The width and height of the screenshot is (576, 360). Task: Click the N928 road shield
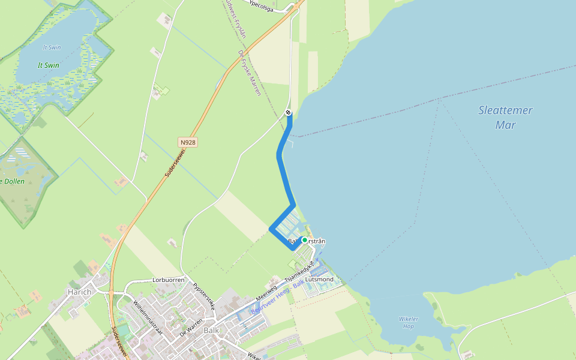pyautogui.click(x=188, y=143)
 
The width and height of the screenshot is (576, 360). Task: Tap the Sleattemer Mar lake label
pyautogui.click(x=505, y=118)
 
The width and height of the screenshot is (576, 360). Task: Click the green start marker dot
pyautogui.click(x=304, y=240)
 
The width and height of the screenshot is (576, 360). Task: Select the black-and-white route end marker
pyautogui.click(x=289, y=113)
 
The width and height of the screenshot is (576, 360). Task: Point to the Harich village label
pyautogui.click(x=79, y=292)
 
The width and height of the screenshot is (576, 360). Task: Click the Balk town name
pyautogui.click(x=211, y=331)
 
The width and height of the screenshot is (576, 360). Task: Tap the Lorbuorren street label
pyautogui.click(x=169, y=280)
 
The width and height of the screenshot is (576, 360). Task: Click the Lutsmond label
pyautogui.click(x=319, y=280)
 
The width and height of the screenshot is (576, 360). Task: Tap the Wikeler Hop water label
pyautogui.click(x=408, y=322)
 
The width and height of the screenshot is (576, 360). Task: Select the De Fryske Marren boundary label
pyautogui.click(x=249, y=73)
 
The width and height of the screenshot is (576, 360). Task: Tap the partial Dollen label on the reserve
pyautogui.click(x=13, y=181)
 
